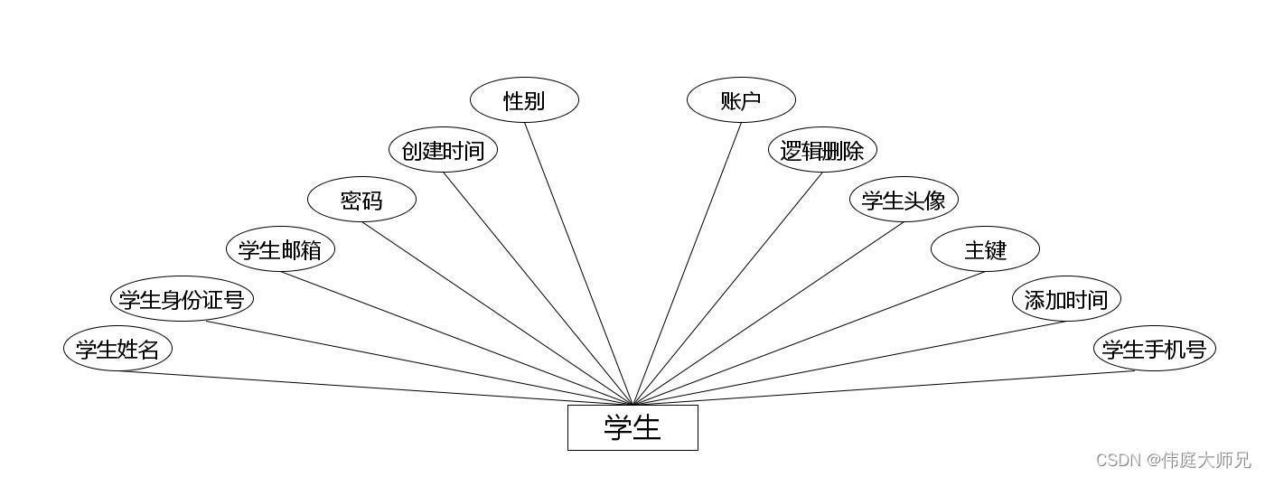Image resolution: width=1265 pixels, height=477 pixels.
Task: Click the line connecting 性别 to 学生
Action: pos(578,264)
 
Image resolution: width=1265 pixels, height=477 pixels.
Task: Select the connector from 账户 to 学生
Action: pos(687,264)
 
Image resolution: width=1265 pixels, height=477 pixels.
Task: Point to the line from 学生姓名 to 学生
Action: pos(375,388)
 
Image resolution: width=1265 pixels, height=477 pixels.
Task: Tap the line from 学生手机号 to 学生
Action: pos(884,388)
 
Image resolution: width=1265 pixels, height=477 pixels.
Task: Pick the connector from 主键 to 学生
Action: pos(809,338)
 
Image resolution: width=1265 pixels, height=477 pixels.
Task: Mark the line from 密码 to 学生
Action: pos(497,313)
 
